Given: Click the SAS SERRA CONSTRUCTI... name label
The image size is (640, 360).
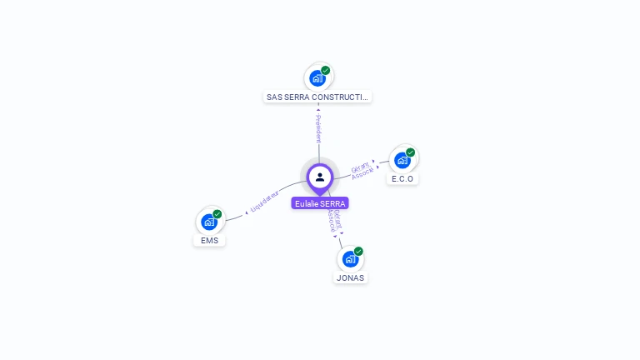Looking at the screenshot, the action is point(317,97).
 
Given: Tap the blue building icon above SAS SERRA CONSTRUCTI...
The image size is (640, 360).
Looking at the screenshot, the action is point(317,78).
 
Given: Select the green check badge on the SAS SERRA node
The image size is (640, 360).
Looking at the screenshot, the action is point(326,71).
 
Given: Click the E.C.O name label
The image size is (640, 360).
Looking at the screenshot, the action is point(402,179).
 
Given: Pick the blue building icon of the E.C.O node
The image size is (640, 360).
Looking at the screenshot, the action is point(402,160).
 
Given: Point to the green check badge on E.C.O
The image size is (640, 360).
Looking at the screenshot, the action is point(411,152).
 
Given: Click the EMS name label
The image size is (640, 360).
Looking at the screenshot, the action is point(209,241).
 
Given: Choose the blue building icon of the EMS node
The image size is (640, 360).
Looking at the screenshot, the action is point(209,222).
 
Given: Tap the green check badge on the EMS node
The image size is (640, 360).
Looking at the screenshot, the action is point(217,214).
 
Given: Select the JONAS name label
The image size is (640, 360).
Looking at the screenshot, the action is point(350,277).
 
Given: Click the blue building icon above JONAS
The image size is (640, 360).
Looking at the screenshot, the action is point(350,258).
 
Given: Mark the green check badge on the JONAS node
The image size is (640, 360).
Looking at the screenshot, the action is point(359,251).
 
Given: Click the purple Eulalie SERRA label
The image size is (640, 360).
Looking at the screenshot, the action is point(320,203).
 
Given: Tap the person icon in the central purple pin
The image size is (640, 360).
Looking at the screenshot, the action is point(320,177).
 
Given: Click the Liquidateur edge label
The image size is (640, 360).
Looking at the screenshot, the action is point(264,202).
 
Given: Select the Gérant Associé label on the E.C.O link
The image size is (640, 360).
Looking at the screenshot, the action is point(362,169).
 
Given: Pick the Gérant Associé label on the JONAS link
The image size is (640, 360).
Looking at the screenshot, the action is point(333,221).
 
